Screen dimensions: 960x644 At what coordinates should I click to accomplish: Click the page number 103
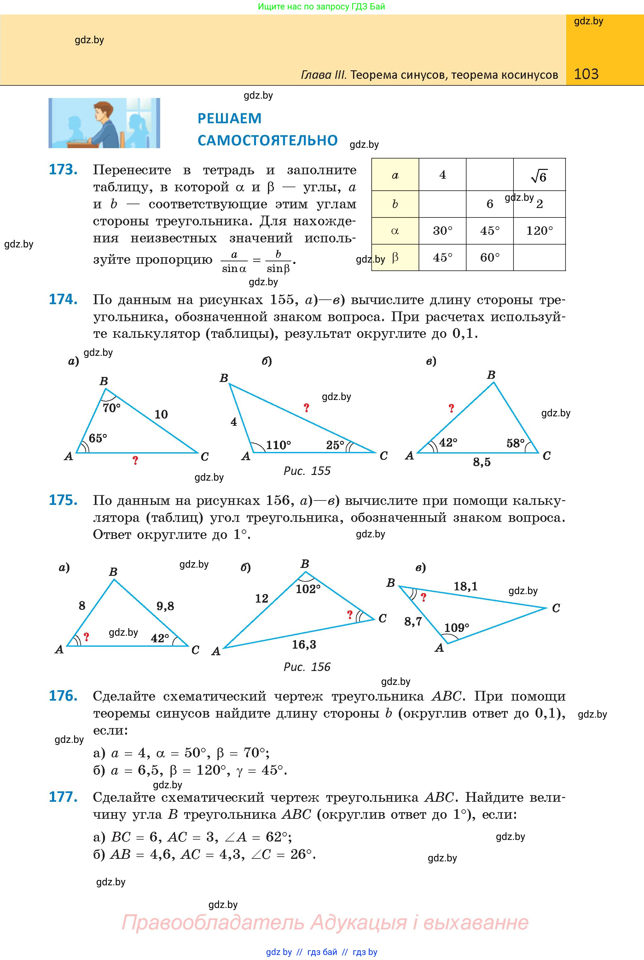click(x=586, y=74)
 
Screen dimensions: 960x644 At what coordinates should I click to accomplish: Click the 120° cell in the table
click(x=539, y=231)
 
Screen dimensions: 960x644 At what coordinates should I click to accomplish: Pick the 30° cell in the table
click(x=442, y=231)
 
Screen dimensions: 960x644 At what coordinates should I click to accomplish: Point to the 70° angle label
click(x=112, y=408)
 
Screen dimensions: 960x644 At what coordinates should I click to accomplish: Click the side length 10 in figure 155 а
click(x=161, y=414)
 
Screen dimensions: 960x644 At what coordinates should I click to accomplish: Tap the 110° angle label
click(x=278, y=445)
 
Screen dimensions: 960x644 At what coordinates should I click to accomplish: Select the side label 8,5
click(x=481, y=462)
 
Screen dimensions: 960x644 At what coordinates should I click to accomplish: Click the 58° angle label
click(x=515, y=443)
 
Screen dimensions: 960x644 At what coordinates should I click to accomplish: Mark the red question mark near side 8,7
click(x=423, y=598)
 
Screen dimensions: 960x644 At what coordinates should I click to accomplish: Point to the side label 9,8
click(x=165, y=606)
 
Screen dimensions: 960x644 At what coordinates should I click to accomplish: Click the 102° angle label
click(x=308, y=589)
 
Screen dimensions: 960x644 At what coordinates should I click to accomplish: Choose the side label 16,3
click(x=304, y=644)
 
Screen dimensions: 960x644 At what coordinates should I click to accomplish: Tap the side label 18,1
click(x=465, y=586)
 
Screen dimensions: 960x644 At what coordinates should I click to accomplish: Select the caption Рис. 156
click(x=307, y=667)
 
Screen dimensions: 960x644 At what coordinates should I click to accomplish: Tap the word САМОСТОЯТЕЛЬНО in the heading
click(x=267, y=141)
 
